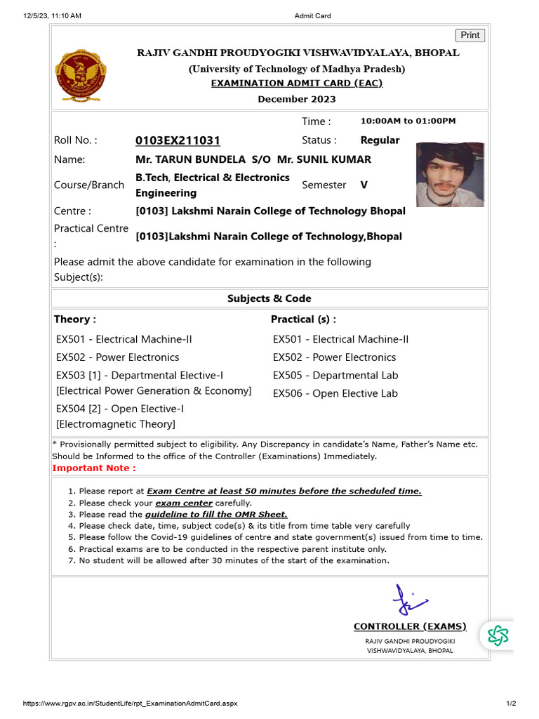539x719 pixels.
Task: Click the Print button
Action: tap(470, 35)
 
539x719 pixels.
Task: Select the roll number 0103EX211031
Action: tap(178, 140)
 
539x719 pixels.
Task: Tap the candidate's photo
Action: tap(450, 175)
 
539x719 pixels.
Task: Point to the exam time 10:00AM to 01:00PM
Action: tap(408, 121)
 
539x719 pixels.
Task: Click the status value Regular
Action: tap(380, 140)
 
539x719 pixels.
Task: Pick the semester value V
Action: tap(364, 185)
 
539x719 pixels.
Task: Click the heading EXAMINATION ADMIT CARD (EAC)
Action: tap(297, 83)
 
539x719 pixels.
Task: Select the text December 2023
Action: tap(296, 99)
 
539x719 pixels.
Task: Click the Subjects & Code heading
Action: tap(269, 298)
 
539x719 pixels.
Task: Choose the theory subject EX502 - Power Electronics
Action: tap(117, 357)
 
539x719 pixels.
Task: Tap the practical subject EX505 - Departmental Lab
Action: tap(335, 376)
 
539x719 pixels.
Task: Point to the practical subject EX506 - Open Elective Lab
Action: tap(335, 393)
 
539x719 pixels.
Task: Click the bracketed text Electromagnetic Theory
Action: tap(116, 424)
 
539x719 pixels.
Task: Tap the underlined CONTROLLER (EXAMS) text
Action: tap(410, 626)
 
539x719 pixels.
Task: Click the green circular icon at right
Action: tap(498, 635)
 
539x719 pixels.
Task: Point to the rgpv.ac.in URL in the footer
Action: tap(131, 704)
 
